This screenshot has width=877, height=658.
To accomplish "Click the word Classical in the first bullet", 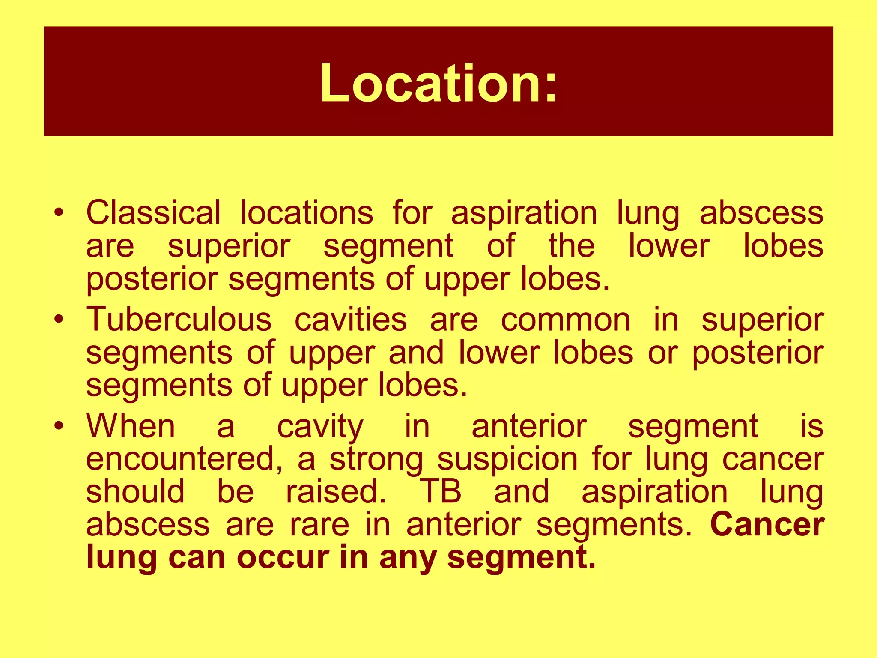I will click(153, 212).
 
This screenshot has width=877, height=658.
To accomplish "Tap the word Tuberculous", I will click(179, 320).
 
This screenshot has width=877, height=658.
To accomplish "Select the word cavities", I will click(350, 320).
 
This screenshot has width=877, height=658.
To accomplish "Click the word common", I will click(565, 320).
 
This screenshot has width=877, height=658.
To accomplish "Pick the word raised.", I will click(336, 491).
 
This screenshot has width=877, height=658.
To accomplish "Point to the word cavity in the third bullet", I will click(320, 428).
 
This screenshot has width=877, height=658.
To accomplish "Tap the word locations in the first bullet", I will click(306, 212).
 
